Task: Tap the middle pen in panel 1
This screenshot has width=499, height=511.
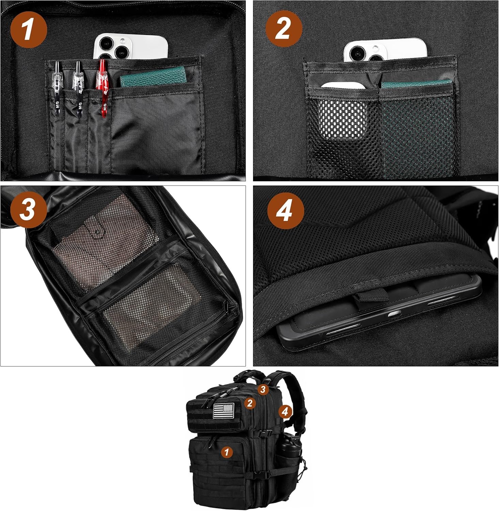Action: tap(79, 87)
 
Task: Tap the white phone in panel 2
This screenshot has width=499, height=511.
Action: tap(385, 51)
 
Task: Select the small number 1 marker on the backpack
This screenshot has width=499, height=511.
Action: tap(227, 452)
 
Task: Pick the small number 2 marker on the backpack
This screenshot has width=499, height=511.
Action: tap(250, 403)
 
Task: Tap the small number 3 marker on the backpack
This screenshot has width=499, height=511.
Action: tap(263, 389)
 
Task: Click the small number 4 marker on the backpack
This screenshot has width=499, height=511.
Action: tap(285, 412)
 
